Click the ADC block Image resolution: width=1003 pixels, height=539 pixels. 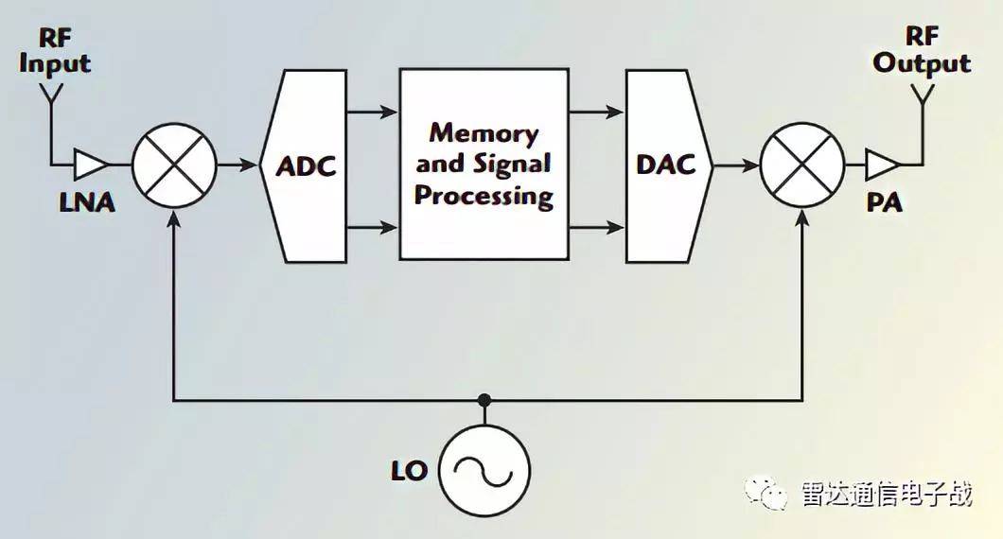pos(305,165)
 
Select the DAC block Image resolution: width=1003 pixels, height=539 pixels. pos(668,165)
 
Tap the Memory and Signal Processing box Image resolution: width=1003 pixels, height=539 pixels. pos(484,165)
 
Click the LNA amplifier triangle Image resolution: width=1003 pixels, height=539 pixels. pos(90,165)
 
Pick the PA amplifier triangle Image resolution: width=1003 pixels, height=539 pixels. pos(883,165)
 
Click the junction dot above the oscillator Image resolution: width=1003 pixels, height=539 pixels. pos(484,400)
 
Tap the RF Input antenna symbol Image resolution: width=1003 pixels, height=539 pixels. pos(51,94)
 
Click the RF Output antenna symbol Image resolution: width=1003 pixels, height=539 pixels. pos(922,94)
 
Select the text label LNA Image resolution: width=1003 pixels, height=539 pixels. pos(87,202)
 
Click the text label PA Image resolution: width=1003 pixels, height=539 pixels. pos(885,202)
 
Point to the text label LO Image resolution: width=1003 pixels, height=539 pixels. pos(410,471)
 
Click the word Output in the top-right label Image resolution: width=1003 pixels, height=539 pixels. pos(922,64)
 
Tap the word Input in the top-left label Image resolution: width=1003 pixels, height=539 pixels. pos(55,64)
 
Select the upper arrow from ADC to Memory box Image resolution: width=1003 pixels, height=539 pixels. pos(372,113)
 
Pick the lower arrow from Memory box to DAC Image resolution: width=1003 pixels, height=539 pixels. pos(596,227)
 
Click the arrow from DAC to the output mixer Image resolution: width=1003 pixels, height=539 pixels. pos(735,166)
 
